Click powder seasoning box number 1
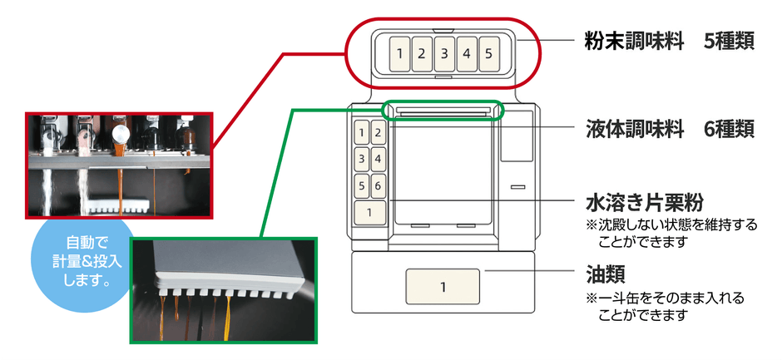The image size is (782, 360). [x=400, y=54]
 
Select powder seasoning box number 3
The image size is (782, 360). [x=444, y=54]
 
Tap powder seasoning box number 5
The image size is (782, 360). [x=488, y=54]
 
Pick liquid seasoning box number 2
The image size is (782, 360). [x=378, y=132]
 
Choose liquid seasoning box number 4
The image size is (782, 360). [x=378, y=159]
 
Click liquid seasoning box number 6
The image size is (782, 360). [x=378, y=186]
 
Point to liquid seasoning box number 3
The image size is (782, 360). [x=363, y=159]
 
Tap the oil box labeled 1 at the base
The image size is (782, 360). [x=443, y=287]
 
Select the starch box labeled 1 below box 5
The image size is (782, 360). [x=370, y=213]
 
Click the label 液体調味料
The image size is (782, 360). [x=632, y=129]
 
